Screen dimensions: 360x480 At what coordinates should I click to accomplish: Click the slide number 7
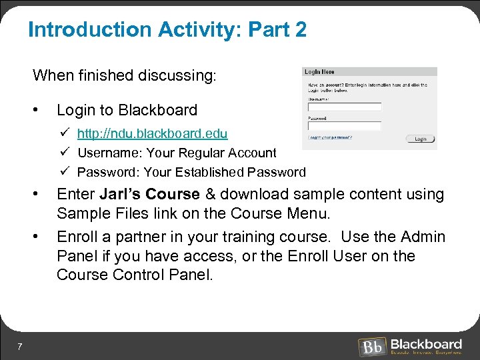[x=21, y=346]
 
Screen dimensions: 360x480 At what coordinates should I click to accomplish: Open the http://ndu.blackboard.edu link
[x=152, y=134]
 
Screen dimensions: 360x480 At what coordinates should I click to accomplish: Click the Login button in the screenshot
[x=420, y=139]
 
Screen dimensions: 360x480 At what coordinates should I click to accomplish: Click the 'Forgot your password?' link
[x=330, y=137]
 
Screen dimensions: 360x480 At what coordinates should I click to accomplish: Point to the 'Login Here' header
[x=319, y=72]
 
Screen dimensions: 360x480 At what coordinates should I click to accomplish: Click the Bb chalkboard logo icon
[x=371, y=347]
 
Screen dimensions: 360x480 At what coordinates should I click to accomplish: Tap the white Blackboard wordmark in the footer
[x=426, y=343]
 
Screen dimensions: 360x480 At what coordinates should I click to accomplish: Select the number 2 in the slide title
[x=300, y=30]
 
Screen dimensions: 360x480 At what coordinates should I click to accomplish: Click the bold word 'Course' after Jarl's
[x=173, y=195]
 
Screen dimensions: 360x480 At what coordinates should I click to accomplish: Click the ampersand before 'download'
[x=210, y=195]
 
